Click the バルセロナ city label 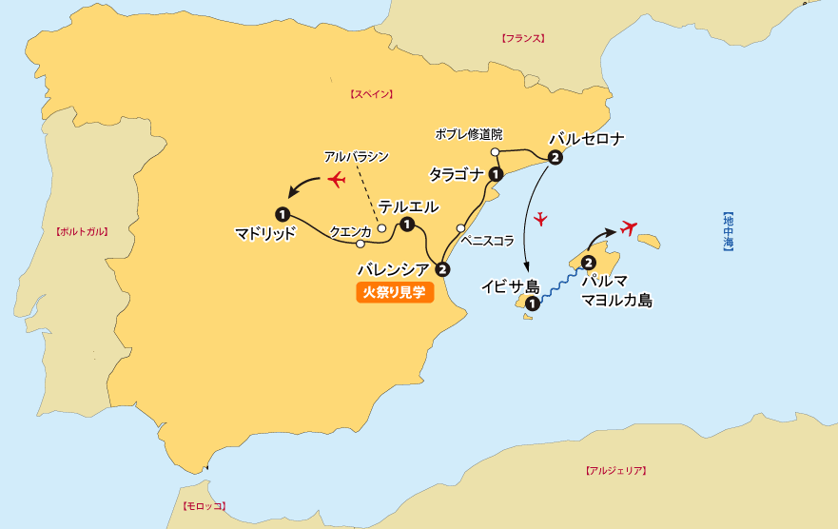[587, 139]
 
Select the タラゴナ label [458, 174]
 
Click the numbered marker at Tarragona [496, 174]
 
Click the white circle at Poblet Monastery [495, 152]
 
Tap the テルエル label [409, 206]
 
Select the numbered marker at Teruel [407, 225]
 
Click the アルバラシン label [357, 156]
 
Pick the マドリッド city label [265, 233]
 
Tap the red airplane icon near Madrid [335, 179]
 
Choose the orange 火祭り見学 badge [395, 293]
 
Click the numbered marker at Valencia [441, 268]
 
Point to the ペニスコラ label [487, 242]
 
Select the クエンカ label [349, 231]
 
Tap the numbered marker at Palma [588, 262]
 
